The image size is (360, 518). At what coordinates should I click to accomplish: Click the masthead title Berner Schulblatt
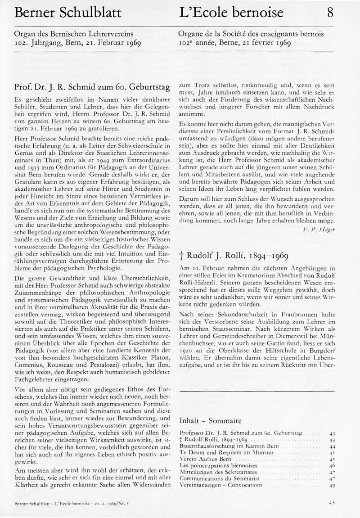pos(67,13)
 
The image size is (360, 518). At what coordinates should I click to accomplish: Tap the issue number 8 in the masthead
pos(330,13)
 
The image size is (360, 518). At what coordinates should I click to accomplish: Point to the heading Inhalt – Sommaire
pos(210,420)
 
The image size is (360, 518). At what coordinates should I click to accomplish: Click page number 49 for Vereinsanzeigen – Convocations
pos(333,486)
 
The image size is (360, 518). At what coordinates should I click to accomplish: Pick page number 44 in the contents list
pos(333,446)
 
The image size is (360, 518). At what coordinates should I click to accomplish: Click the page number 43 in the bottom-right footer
pos(332,503)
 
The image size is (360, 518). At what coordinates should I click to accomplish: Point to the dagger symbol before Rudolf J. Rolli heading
pos(181,257)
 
